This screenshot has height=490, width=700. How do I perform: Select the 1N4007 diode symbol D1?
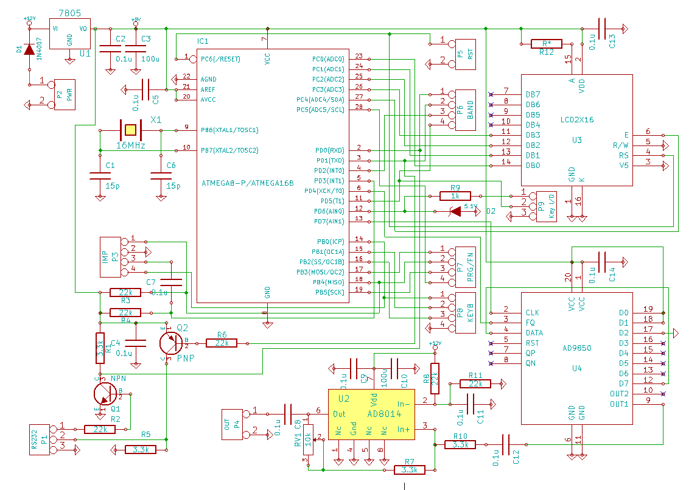coord(28,49)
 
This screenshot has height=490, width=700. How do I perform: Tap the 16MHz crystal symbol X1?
coord(130,130)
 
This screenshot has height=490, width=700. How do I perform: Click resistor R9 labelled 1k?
coord(455,196)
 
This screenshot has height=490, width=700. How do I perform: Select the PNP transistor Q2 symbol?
coord(171,343)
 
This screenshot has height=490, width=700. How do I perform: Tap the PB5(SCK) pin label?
coord(331,292)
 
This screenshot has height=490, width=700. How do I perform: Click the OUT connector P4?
coord(233,425)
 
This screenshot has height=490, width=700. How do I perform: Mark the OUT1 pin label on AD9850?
coord(619,404)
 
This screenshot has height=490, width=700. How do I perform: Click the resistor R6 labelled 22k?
coord(222,343)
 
